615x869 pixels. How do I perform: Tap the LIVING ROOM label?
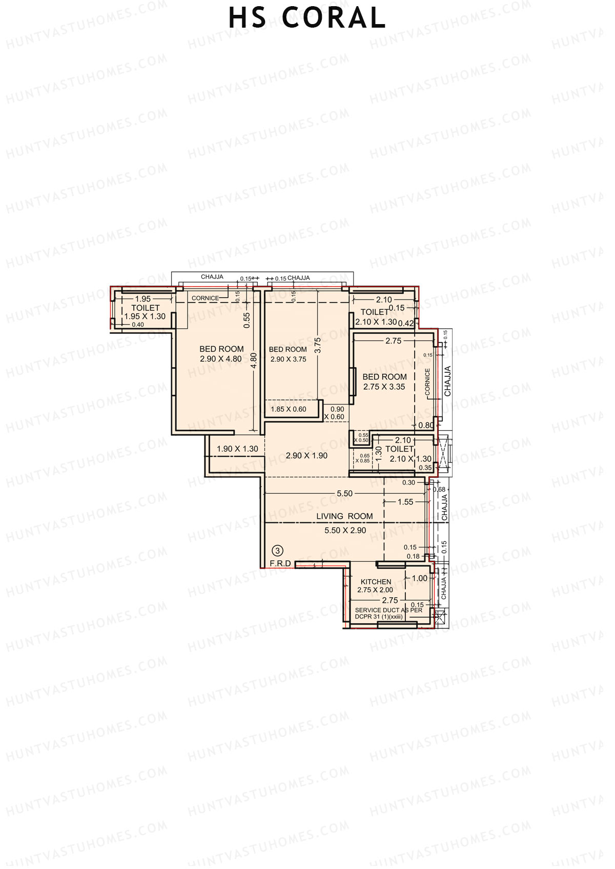click(344, 516)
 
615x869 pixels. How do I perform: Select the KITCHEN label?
click(376, 582)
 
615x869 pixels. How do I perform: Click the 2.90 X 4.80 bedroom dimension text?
click(221, 359)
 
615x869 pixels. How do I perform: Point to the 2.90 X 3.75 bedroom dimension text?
click(288, 359)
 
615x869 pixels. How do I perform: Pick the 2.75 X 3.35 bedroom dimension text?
click(384, 387)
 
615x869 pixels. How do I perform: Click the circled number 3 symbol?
click(277, 551)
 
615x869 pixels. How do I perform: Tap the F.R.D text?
click(281, 563)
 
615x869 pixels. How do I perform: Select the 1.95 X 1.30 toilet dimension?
click(145, 316)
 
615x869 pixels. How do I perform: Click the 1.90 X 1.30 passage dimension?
click(237, 449)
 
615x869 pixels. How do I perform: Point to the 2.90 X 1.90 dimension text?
click(306, 455)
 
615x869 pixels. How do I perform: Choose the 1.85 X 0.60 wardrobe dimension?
click(289, 409)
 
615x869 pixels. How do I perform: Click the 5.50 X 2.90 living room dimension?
click(345, 531)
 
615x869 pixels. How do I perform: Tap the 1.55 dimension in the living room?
click(405, 502)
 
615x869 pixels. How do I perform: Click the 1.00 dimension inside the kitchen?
click(419, 578)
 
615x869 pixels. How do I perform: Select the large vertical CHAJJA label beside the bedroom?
click(447, 381)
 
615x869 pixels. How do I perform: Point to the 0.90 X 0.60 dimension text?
click(337, 413)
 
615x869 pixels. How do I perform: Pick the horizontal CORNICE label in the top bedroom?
click(205, 298)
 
